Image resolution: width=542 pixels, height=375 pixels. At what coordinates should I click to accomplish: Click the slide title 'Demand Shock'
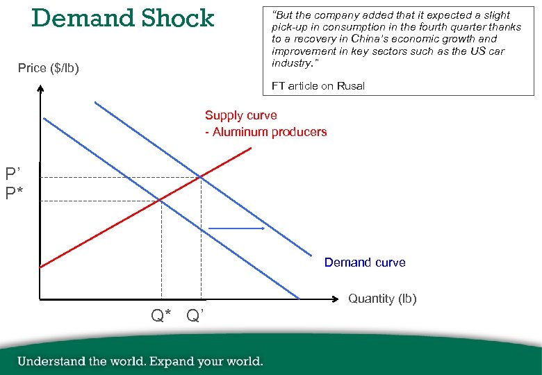[x=123, y=18]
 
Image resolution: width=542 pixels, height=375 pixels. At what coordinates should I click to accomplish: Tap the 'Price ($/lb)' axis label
[x=49, y=68]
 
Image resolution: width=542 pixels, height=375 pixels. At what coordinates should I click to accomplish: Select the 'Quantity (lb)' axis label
[x=382, y=299]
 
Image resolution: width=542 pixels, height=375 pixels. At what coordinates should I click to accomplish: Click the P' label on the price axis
[x=14, y=173]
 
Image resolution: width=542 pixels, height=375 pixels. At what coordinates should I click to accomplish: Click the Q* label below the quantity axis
[x=161, y=317]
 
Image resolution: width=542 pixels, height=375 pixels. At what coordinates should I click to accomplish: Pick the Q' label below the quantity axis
[x=195, y=317]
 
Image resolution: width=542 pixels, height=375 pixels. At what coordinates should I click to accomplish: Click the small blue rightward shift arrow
[x=236, y=228]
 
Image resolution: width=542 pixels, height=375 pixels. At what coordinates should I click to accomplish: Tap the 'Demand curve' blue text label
[x=365, y=262]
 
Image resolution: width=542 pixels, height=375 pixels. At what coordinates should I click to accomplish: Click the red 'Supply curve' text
[x=240, y=115]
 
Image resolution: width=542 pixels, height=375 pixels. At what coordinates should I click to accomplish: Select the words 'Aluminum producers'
[x=270, y=132]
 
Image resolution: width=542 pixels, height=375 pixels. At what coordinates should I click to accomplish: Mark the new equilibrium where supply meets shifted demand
[x=201, y=178]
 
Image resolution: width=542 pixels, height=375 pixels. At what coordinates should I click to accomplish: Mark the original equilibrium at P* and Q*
[x=161, y=200]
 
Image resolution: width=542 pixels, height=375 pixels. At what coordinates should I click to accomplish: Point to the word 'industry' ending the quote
[x=290, y=63]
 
